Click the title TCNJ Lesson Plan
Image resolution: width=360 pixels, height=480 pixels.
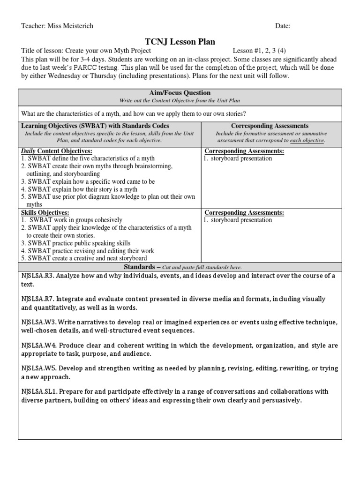click(x=180, y=42)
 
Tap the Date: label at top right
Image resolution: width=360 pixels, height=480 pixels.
click(x=283, y=26)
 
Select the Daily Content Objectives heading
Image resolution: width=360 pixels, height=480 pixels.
click(x=57, y=151)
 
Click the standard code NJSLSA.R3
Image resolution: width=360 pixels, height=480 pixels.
click(x=37, y=276)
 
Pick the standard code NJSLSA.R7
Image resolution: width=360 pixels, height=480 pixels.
click(x=37, y=299)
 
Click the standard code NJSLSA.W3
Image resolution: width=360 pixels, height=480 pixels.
click(x=38, y=322)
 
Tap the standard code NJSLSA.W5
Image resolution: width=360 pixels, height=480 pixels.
click(x=38, y=368)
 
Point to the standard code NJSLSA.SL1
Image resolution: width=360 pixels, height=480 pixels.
click(x=39, y=391)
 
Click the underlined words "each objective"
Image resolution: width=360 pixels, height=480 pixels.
click(x=307, y=141)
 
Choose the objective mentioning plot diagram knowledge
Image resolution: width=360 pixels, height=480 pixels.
click(x=108, y=197)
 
